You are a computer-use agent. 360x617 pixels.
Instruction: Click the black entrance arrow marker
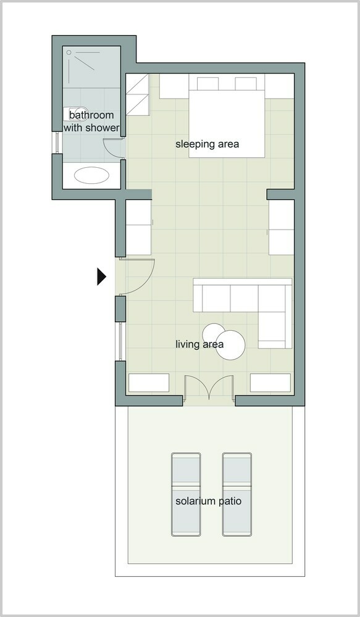coord(101,276)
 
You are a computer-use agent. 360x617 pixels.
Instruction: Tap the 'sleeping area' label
coord(207,144)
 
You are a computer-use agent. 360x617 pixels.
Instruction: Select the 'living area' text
coord(199,344)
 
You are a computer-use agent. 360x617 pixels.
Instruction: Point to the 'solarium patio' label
coord(208,501)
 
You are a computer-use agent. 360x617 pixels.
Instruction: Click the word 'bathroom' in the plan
coord(91,115)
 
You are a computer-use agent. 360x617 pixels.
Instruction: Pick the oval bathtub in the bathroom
coord(91,175)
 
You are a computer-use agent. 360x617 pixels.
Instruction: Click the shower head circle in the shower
coord(69,52)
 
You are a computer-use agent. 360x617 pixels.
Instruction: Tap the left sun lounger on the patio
coord(186,494)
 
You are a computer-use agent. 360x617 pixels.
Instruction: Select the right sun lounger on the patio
coord(237,494)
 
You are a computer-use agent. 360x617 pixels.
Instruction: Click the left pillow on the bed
coord(207,84)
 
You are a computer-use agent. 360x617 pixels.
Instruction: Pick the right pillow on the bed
coord(246,84)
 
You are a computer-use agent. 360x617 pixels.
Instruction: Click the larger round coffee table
coord(230,345)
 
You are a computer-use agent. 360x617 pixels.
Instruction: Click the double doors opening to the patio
coord(209,387)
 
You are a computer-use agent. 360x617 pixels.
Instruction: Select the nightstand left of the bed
coord(174,86)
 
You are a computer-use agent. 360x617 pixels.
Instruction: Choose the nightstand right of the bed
coord(279,86)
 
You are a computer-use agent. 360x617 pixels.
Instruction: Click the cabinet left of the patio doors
coord(149,383)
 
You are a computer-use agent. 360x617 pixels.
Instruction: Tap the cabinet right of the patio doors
coord(270,383)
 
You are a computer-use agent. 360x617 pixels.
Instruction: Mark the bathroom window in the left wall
coord(57,143)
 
